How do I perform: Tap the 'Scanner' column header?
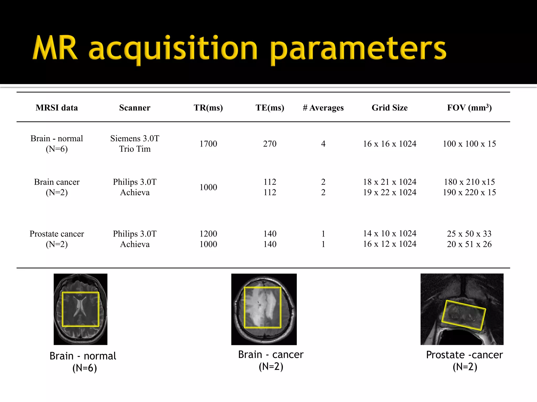[135, 108]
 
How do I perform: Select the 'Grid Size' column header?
[390, 108]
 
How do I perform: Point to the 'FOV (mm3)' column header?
[469, 108]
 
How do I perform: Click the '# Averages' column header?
[323, 108]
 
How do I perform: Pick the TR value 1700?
[208, 144]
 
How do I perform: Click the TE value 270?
[270, 144]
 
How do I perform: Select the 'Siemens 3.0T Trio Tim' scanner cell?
[135, 144]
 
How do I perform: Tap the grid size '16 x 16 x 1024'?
[390, 144]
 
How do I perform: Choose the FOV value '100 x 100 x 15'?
[469, 144]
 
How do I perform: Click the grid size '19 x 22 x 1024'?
[390, 192]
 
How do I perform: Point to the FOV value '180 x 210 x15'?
[469, 182]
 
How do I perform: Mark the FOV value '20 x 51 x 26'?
[469, 244]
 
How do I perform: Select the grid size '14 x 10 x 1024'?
[390, 233]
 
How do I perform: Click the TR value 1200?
[208, 234]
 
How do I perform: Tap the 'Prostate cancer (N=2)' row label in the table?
[57, 239]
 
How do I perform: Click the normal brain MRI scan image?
[80, 309]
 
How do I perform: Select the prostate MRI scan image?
[462, 309]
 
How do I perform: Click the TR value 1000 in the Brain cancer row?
[208, 187]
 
